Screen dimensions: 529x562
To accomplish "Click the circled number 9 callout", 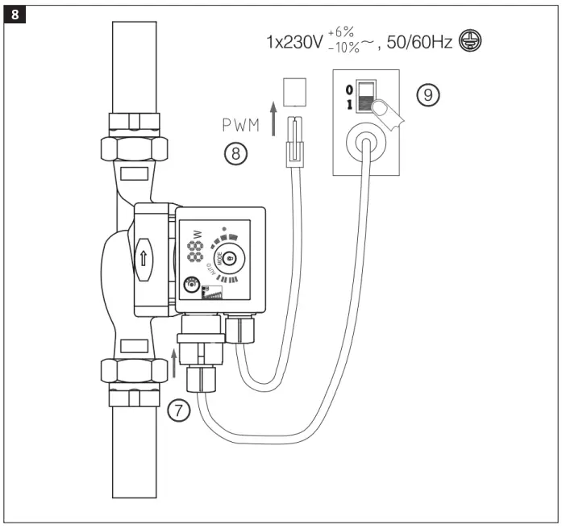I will (428, 95).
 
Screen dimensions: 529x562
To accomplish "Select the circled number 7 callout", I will (179, 410).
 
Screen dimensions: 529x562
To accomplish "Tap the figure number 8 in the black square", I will (14, 14).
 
